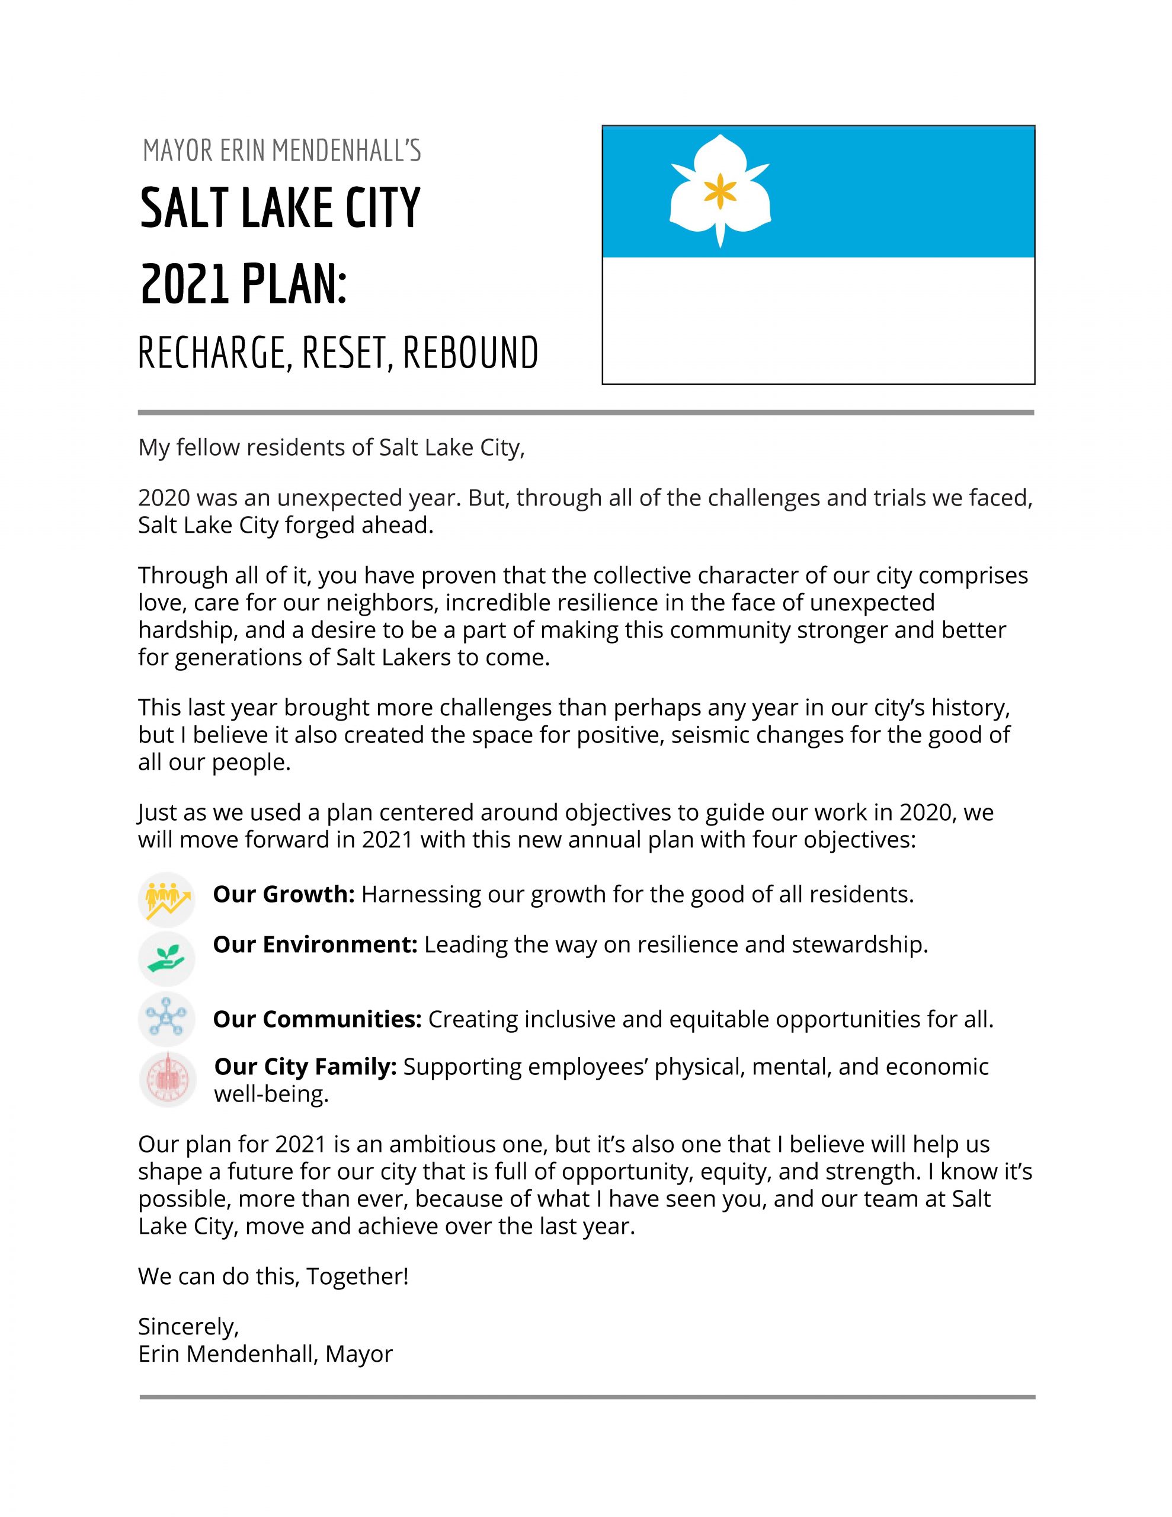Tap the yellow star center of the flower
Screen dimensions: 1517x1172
[720, 190]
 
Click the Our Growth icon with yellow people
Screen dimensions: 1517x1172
[166, 900]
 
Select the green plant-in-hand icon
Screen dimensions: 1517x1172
[166, 959]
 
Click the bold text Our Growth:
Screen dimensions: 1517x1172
[283, 894]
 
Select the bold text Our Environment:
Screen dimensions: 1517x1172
[315, 945]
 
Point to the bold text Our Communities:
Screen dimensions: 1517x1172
[318, 1019]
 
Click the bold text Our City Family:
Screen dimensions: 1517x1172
[306, 1066]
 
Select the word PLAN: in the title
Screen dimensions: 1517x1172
[294, 285]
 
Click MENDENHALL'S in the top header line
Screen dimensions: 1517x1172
[345, 151]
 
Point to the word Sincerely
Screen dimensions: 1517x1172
[188, 1327]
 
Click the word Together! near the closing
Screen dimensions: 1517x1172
[358, 1276]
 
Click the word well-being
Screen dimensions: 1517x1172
[271, 1094]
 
